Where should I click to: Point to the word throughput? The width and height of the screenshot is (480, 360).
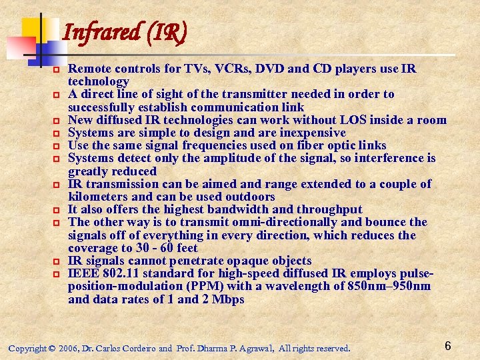(331, 209)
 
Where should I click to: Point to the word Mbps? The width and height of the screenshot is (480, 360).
(227, 299)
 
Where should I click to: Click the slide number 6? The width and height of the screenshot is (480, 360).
(448, 345)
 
